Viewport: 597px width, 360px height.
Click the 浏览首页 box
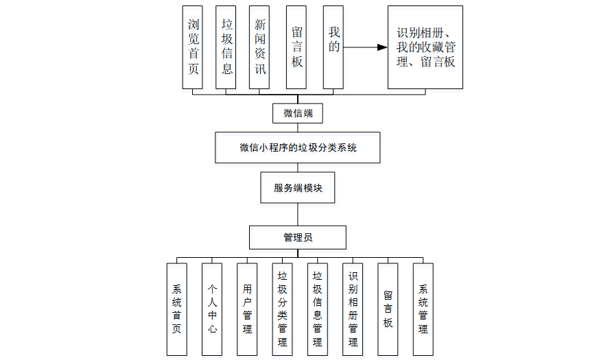coord(193,47)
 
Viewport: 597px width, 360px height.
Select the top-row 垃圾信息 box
coord(226,47)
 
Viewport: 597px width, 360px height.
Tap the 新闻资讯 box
coord(259,47)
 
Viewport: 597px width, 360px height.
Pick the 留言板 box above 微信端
coord(296,47)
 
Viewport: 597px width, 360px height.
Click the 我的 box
coord(333,47)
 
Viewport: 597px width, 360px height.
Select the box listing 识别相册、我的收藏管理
coord(425,47)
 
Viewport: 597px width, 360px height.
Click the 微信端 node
coord(297,113)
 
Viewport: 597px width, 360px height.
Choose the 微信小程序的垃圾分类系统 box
coord(297,147)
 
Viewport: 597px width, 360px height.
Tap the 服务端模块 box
coord(297,188)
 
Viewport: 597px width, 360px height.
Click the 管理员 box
coord(297,238)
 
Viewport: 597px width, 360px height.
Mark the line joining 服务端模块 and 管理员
coord(297,215)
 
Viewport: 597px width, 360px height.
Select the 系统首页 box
coord(176,309)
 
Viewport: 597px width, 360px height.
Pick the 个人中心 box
coord(212,309)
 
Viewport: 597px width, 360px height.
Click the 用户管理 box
coord(247,309)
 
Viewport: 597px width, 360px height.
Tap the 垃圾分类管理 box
coord(282,309)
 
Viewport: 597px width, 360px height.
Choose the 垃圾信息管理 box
coord(318,309)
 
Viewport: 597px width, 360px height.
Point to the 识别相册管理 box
coord(353,309)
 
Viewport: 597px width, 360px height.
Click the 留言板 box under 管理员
coord(388,309)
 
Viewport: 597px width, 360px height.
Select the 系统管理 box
coord(423,309)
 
